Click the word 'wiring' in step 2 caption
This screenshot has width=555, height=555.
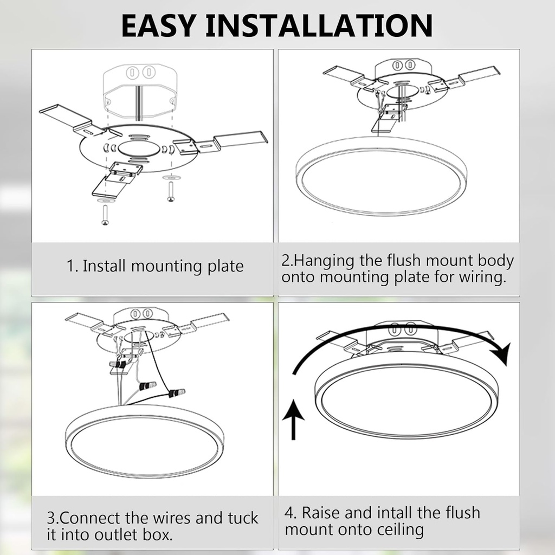click(x=480, y=277)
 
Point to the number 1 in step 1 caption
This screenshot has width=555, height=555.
click(x=70, y=267)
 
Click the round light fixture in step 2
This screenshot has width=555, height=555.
click(x=382, y=176)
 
